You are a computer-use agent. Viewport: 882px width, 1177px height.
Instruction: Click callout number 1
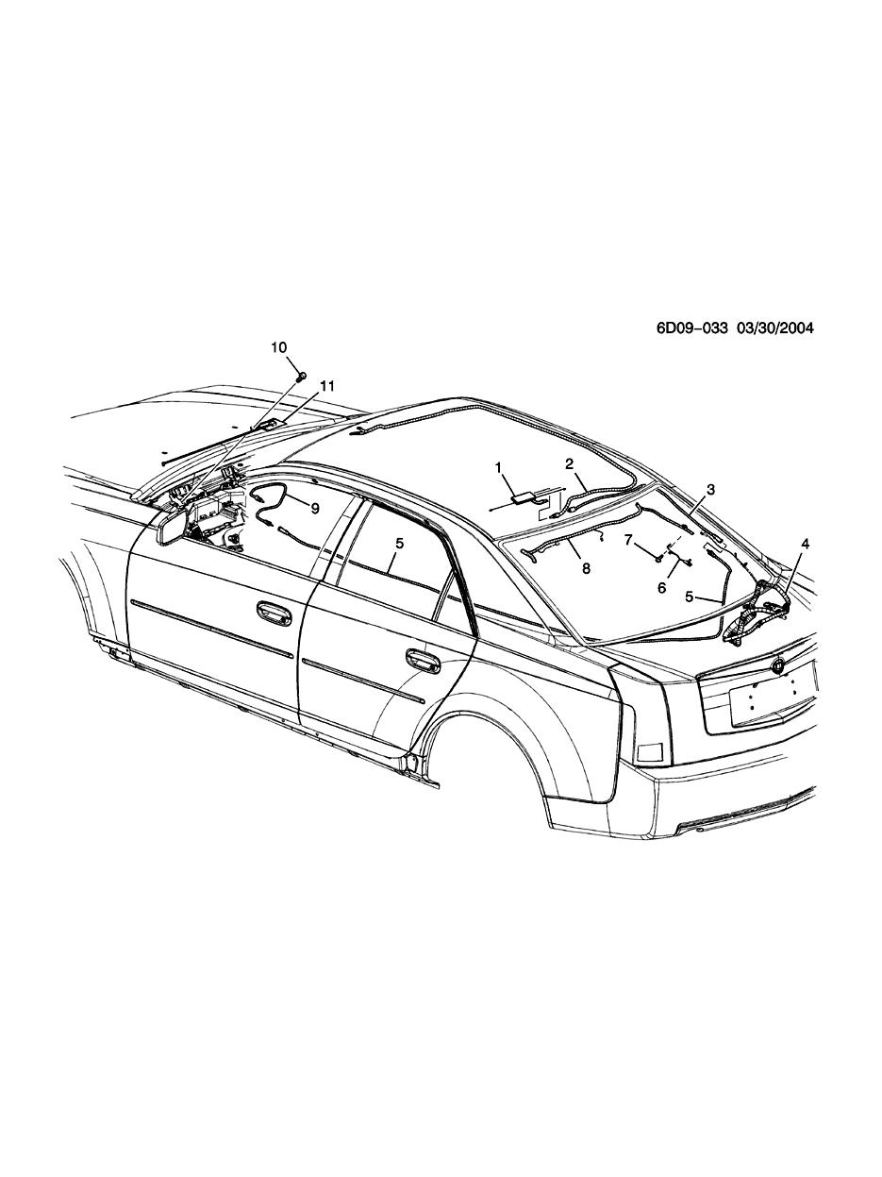coord(501,467)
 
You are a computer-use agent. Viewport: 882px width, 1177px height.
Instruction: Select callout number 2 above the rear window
coord(570,463)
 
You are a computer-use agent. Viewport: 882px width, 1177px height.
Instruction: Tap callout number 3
coord(710,489)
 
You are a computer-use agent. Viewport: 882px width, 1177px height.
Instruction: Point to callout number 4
coord(805,544)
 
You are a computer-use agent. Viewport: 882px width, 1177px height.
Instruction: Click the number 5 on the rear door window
coord(399,544)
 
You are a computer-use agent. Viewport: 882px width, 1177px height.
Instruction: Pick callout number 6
coord(662,586)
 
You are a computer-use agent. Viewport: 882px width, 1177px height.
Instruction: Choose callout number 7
coord(628,540)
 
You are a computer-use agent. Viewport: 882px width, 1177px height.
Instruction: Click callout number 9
coord(315,508)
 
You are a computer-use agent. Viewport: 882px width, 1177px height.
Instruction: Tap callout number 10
coord(279,347)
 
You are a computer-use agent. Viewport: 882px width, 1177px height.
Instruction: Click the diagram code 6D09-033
coord(693,328)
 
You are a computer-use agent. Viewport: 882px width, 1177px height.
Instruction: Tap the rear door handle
coord(422,658)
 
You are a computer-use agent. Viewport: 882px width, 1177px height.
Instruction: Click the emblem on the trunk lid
coord(777,665)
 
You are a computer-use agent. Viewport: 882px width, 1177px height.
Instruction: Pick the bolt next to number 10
coord(301,376)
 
